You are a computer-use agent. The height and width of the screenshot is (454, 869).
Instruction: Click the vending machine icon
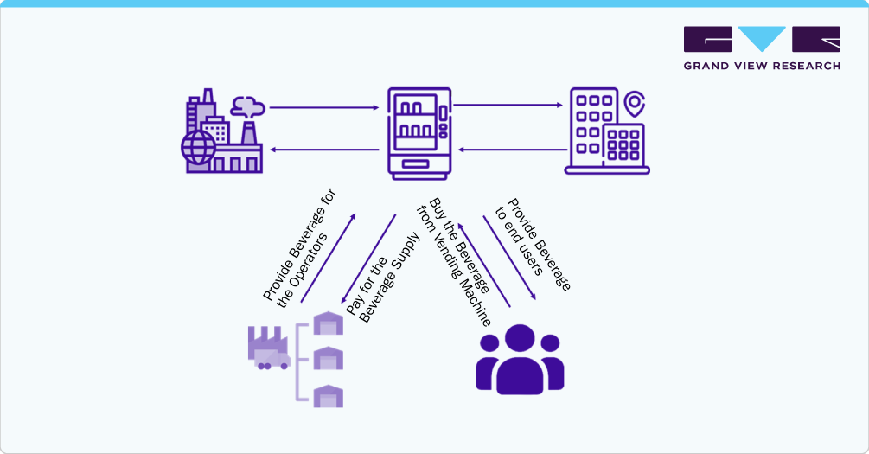click(x=419, y=133)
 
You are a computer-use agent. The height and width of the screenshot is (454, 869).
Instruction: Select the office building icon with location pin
click(x=606, y=131)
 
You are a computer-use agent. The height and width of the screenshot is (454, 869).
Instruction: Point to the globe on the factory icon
click(x=198, y=147)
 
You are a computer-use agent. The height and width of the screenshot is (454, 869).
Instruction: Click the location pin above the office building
click(x=636, y=105)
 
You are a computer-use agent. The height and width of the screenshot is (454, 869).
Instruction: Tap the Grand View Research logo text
click(x=761, y=66)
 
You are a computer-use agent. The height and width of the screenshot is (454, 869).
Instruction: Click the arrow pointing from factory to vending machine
click(x=323, y=108)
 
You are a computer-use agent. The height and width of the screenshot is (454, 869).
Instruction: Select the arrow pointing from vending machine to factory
click(x=323, y=150)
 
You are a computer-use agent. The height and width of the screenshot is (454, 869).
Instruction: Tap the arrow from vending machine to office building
click(x=508, y=106)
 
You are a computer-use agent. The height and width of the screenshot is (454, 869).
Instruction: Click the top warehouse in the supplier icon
click(x=328, y=323)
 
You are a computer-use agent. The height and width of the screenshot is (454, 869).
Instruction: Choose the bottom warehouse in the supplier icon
click(x=328, y=396)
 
